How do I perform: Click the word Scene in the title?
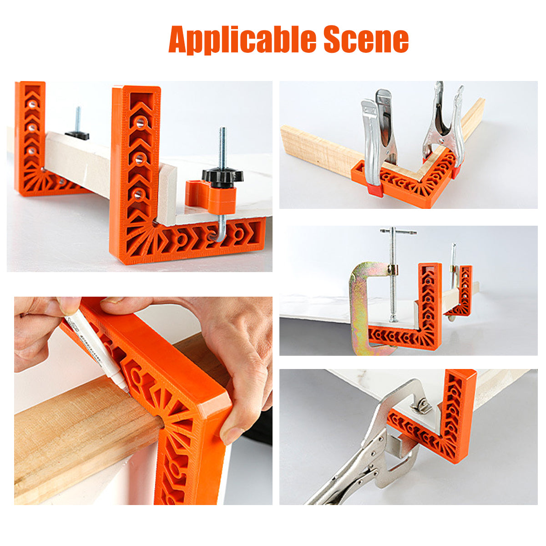[x=366, y=40]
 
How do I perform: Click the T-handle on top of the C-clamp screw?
[x=398, y=232]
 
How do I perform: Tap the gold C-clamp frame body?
[x=359, y=309]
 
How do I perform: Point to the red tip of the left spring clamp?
[x=374, y=190]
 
